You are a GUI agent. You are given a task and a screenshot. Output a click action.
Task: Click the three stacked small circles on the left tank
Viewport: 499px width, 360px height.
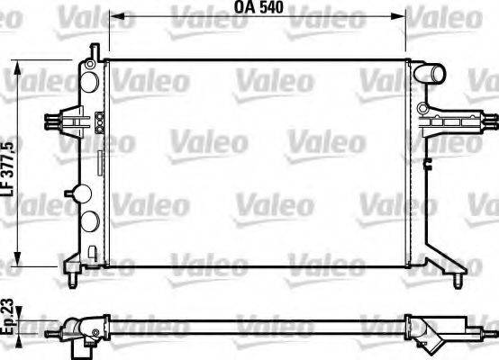pos(98,122)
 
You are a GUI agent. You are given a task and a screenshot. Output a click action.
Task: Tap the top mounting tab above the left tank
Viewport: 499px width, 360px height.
pos(92,49)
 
